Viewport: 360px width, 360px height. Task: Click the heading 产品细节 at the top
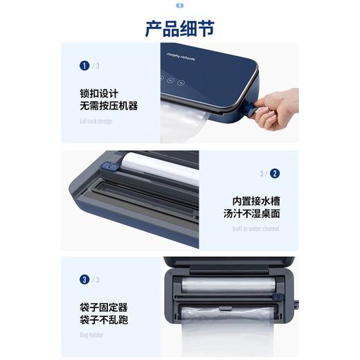coord(179,28)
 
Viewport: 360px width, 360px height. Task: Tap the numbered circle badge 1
coord(84,66)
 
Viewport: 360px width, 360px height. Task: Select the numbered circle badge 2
coord(275,174)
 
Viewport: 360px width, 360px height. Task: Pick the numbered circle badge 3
coord(84,280)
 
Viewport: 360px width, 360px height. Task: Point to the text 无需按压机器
coord(109,106)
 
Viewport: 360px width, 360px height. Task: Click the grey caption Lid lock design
coord(96,121)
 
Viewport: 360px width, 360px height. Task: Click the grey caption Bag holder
coord(91,335)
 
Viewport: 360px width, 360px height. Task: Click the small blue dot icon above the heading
coord(180,6)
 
